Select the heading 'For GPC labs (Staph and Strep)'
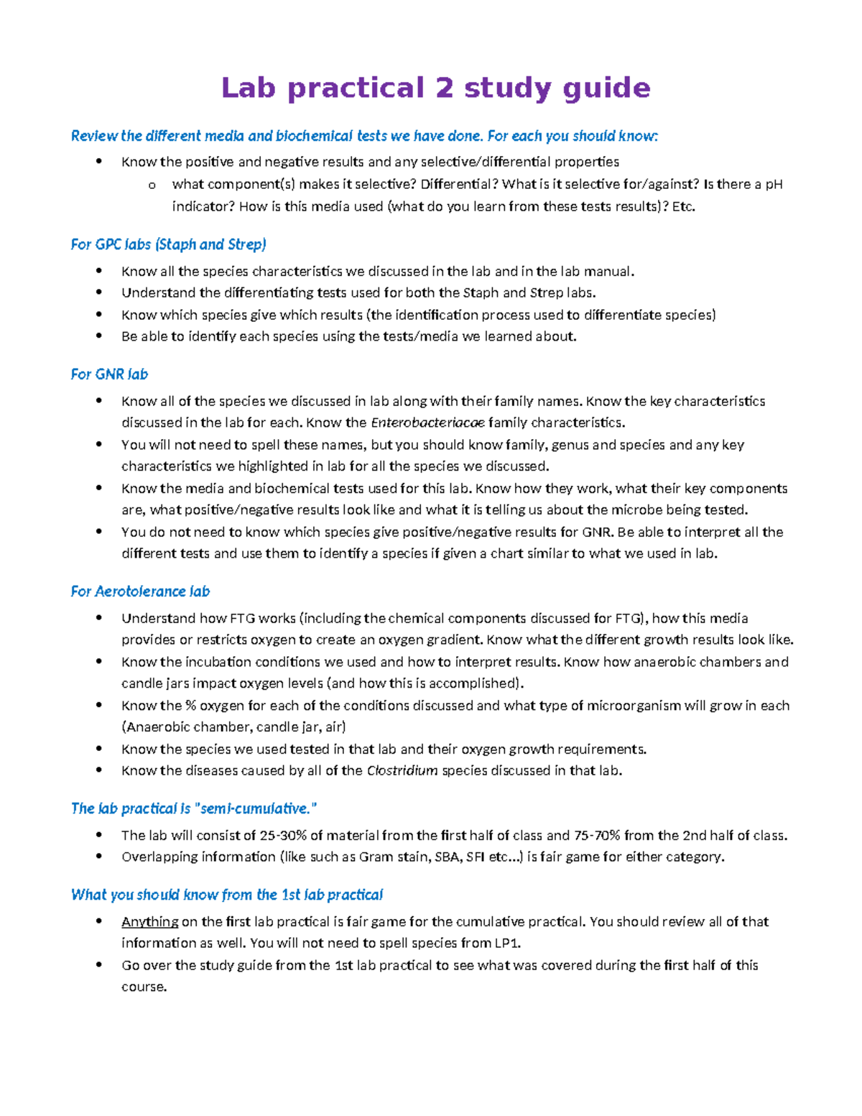click(x=168, y=245)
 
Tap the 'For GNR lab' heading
click(x=109, y=374)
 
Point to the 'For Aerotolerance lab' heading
click(x=140, y=591)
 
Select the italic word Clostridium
click(x=402, y=771)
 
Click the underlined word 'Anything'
click(x=149, y=922)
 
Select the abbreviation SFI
click(x=475, y=857)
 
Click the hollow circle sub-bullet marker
click(x=152, y=185)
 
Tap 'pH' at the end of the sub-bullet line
click(x=773, y=185)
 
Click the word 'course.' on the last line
click(x=144, y=987)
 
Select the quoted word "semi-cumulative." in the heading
click(x=256, y=809)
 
